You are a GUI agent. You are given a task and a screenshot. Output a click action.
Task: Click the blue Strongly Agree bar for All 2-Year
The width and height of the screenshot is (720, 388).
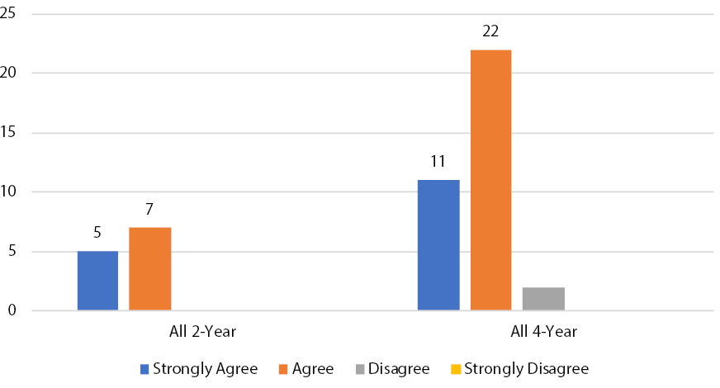(x=97, y=281)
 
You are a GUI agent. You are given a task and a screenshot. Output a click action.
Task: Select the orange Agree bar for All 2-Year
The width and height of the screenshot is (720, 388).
(x=149, y=269)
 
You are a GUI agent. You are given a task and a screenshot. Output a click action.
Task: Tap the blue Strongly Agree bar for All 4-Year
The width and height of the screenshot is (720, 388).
(x=438, y=245)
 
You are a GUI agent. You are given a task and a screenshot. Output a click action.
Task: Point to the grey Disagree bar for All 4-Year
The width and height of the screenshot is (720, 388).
(x=543, y=299)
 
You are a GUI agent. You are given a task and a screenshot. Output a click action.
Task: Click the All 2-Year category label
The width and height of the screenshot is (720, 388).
(x=201, y=332)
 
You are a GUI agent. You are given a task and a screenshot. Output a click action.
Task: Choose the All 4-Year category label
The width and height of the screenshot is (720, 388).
(x=543, y=332)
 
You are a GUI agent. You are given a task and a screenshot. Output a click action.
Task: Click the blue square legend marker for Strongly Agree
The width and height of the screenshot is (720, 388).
(x=144, y=368)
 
